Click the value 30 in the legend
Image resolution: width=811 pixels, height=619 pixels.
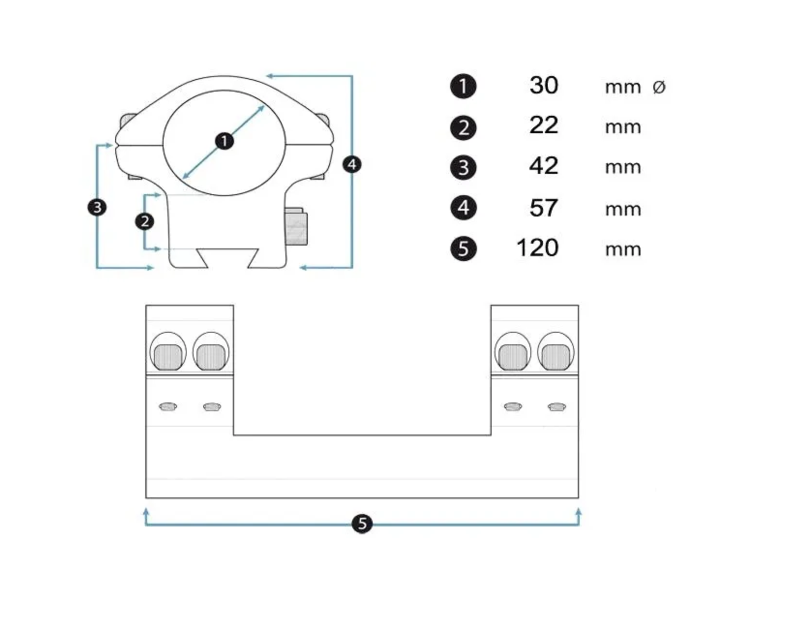tap(543, 85)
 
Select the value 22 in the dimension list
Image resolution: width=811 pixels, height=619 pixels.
tap(543, 125)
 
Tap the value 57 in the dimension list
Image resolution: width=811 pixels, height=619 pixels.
tap(543, 208)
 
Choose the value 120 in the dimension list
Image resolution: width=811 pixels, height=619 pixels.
tap(537, 248)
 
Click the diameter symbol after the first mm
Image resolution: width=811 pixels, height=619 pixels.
tap(659, 87)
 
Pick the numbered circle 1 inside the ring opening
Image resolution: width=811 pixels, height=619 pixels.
tap(224, 141)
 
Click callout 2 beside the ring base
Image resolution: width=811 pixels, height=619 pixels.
tap(145, 221)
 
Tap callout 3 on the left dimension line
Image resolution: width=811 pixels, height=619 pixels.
tap(97, 207)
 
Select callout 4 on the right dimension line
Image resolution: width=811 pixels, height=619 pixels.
tap(352, 165)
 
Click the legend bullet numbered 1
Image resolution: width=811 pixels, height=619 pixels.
tap(463, 86)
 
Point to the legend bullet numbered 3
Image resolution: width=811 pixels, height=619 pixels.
tap(463, 168)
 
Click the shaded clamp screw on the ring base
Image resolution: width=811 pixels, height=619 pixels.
tap(296, 226)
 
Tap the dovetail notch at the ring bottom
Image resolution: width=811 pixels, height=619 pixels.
tap(227, 258)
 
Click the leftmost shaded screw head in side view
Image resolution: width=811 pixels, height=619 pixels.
tap(168, 357)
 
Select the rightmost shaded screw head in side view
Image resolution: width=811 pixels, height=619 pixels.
tap(556, 357)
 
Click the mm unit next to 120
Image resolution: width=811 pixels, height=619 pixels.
tap(623, 249)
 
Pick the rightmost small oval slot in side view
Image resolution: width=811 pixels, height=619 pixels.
tap(556, 407)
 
